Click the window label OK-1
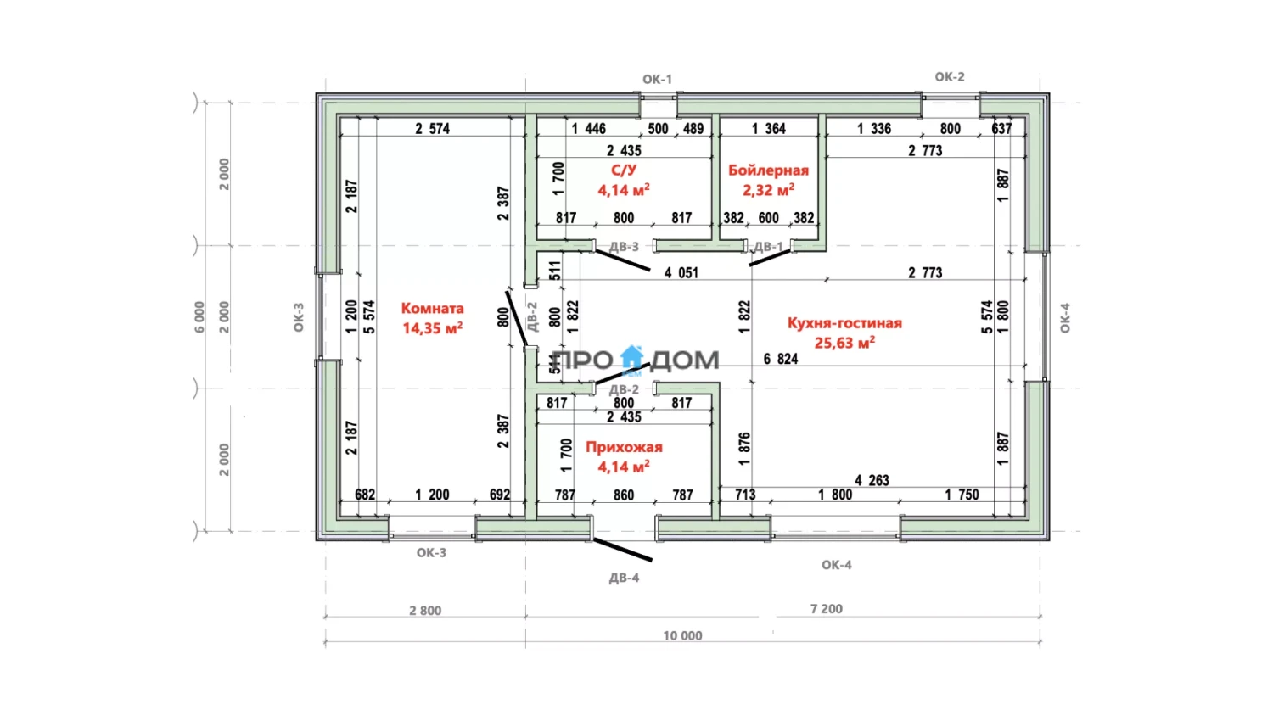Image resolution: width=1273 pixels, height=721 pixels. pyautogui.click(x=657, y=80)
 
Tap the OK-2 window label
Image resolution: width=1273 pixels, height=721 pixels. pyautogui.click(x=950, y=77)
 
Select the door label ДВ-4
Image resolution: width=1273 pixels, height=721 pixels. pyautogui.click(x=624, y=578)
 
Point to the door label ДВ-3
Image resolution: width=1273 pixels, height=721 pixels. pyautogui.click(x=624, y=247)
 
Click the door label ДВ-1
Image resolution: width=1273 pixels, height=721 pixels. pyautogui.click(x=768, y=247)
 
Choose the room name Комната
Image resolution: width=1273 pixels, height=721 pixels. pyautogui.click(x=433, y=308)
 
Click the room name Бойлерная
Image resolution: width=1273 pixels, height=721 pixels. pyautogui.click(x=768, y=170)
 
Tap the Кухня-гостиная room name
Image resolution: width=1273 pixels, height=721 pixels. pyautogui.click(x=844, y=323)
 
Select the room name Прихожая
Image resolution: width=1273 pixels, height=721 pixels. pyautogui.click(x=624, y=447)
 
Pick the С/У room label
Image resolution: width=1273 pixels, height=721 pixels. pyautogui.click(x=624, y=170)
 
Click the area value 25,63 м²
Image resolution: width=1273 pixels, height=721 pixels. pyautogui.click(x=844, y=343)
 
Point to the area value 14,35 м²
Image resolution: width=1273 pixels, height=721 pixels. pyautogui.click(x=433, y=327)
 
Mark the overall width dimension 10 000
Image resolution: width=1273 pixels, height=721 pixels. pyautogui.click(x=682, y=636)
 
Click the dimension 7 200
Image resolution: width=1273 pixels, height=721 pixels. pyautogui.click(x=827, y=609)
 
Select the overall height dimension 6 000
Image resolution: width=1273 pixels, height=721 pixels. pyautogui.click(x=199, y=317)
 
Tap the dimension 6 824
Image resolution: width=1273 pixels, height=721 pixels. pyautogui.click(x=781, y=359)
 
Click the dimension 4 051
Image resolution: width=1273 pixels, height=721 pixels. pyautogui.click(x=681, y=273)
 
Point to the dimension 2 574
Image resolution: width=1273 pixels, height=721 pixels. pyautogui.click(x=433, y=129)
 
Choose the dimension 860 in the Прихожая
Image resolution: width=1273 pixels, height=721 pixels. pyautogui.click(x=624, y=495)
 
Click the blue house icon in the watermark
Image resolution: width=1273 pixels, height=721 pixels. pyautogui.click(x=631, y=359)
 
